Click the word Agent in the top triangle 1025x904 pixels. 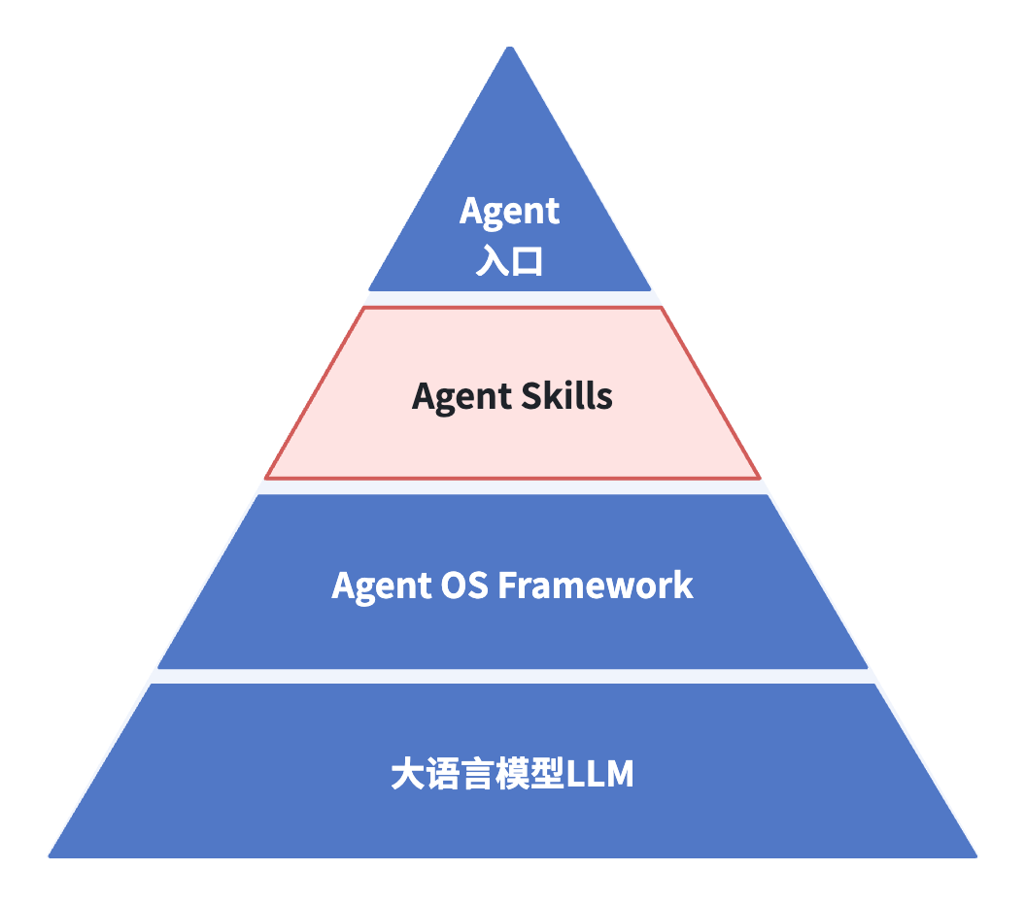click(x=509, y=212)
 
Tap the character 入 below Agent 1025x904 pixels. click(x=493, y=259)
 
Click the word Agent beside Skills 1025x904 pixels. click(x=461, y=396)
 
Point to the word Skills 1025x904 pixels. click(x=567, y=395)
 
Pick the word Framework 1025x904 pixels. click(x=596, y=586)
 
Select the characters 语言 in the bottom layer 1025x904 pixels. click(x=461, y=775)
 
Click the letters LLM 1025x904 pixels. click(x=599, y=775)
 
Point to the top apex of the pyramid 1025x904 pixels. click(x=510, y=47)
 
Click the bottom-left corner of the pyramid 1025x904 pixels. click(x=50, y=856)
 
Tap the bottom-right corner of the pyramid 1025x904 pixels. click(x=975, y=856)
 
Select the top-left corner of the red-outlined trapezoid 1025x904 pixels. click(x=363, y=309)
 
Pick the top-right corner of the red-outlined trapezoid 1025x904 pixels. click(x=661, y=309)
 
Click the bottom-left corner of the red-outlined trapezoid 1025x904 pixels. click(x=266, y=478)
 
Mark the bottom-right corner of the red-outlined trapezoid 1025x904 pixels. click(x=759, y=478)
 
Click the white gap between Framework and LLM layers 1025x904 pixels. click(x=512, y=676)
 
